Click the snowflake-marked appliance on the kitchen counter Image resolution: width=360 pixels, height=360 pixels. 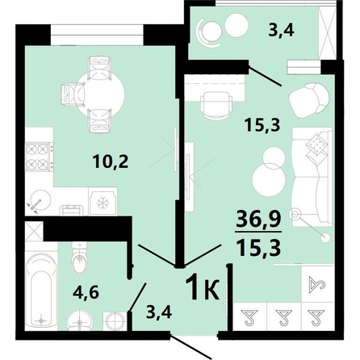(103, 200)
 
